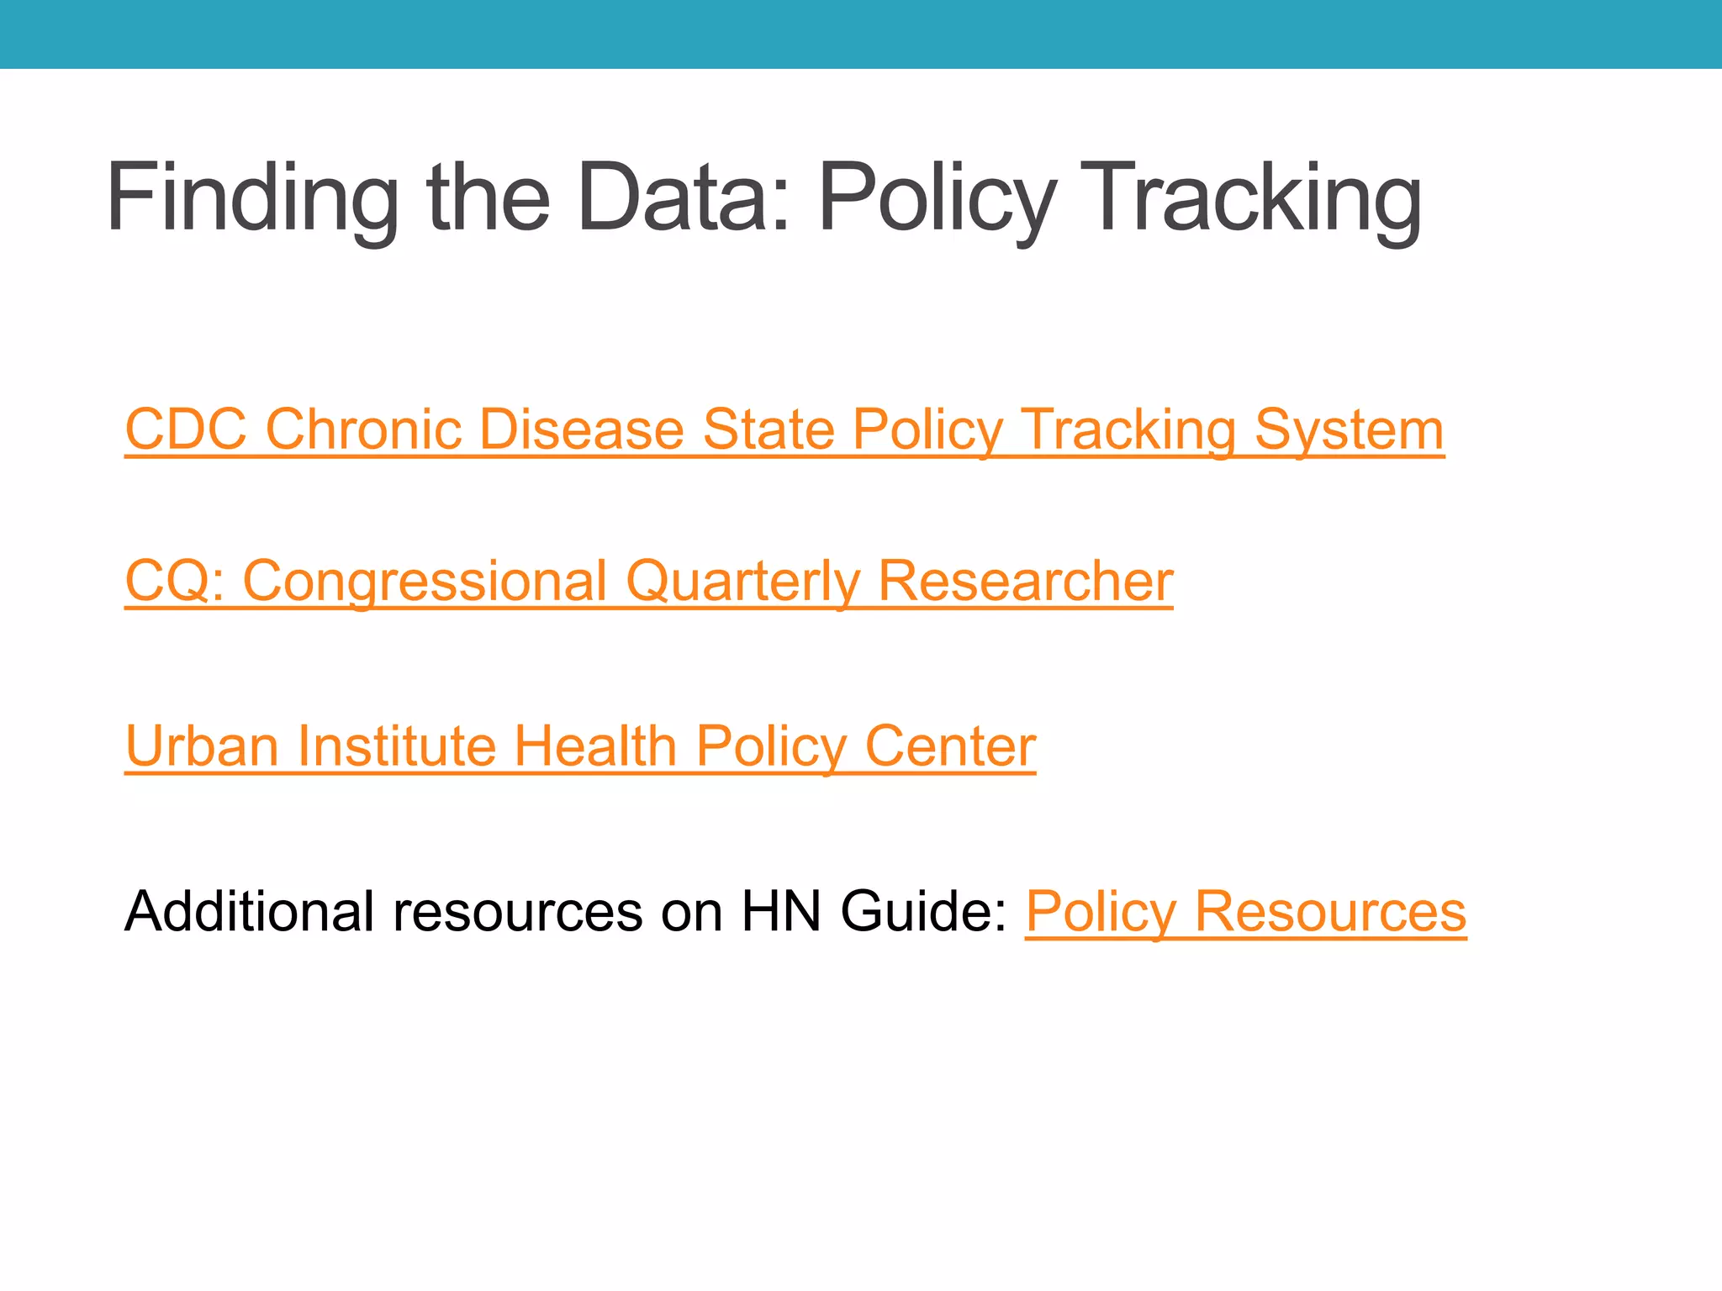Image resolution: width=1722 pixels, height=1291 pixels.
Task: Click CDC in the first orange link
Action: tap(186, 429)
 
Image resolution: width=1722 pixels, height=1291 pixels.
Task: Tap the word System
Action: tap(1349, 429)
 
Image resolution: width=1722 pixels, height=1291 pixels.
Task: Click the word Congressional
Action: tap(425, 581)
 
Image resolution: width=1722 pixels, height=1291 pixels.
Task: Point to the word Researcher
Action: tap(1025, 581)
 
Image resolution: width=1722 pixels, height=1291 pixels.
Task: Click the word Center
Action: tap(950, 746)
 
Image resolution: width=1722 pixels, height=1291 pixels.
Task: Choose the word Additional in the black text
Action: tap(249, 911)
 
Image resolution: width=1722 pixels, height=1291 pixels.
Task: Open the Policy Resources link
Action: tap(1245, 911)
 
